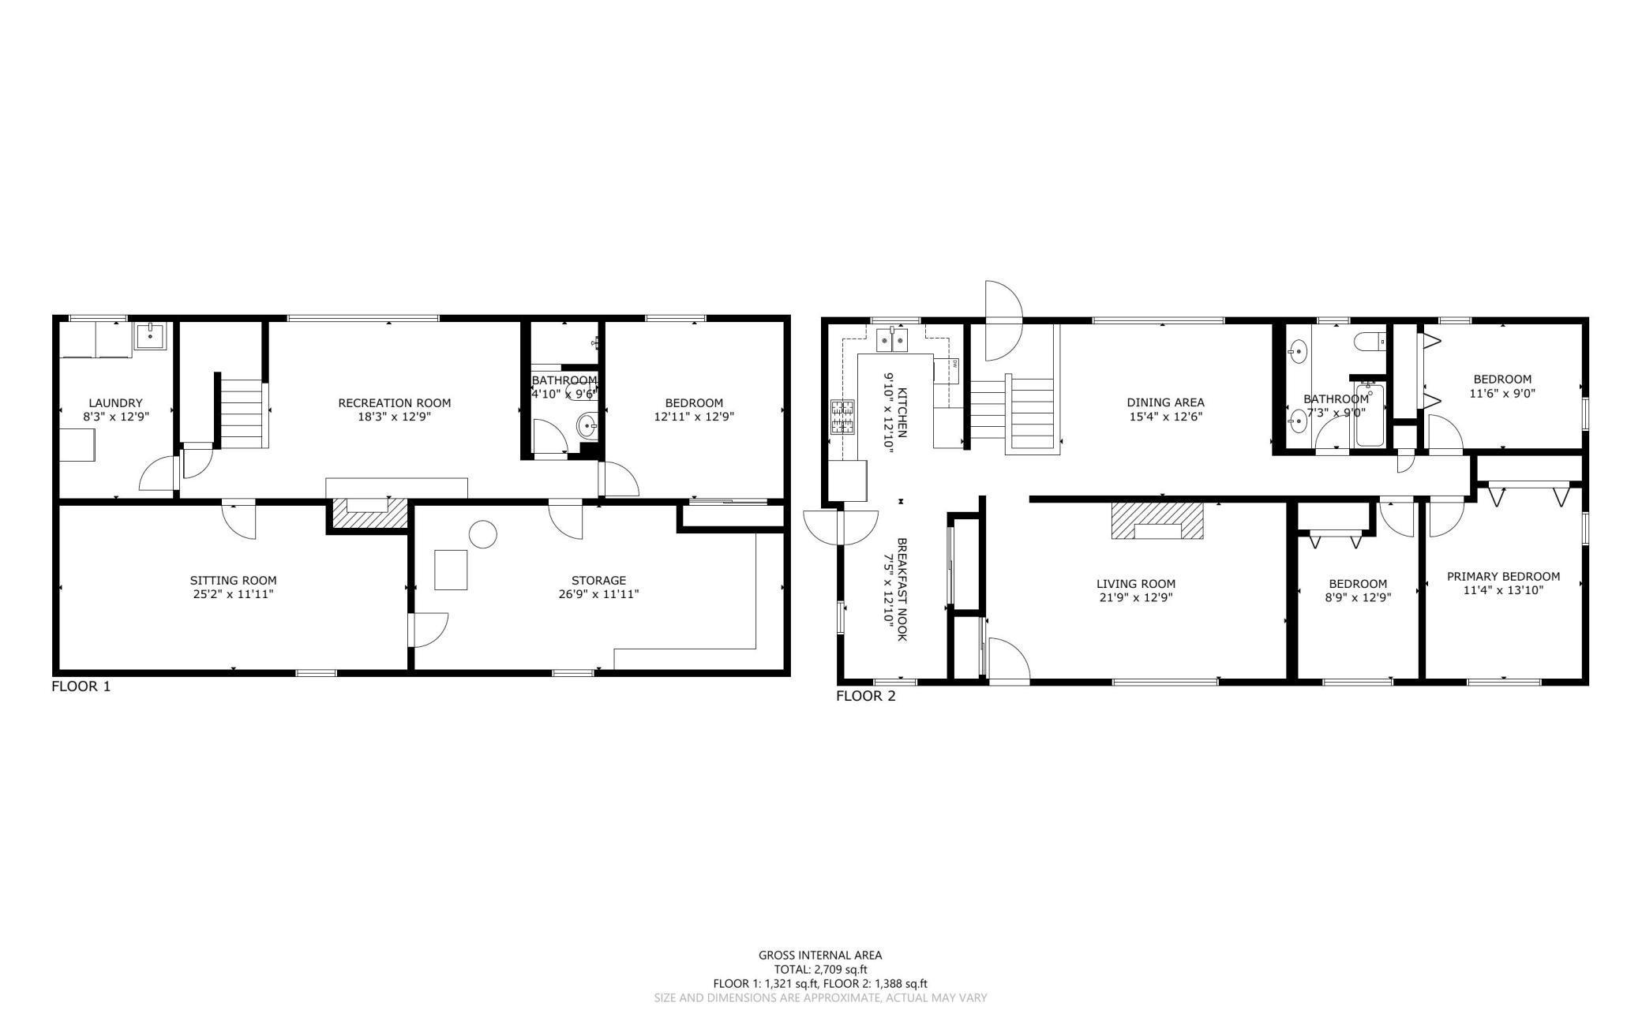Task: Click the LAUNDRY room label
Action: [115, 402]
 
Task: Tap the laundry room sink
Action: [150, 336]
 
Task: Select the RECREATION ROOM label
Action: [394, 402]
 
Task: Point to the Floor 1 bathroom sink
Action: [587, 427]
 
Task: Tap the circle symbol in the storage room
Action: [482, 535]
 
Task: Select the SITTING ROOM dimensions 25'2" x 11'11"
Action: [234, 594]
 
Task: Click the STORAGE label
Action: [598, 580]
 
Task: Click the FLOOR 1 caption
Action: [81, 686]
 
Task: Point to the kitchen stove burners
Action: [842, 417]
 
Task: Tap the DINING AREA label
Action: [1165, 402]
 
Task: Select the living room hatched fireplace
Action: [1158, 521]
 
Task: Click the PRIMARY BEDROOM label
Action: [1503, 576]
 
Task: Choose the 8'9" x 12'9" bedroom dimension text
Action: [1357, 597]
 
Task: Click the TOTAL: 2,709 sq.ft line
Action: [820, 969]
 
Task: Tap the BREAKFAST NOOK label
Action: [900, 589]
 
